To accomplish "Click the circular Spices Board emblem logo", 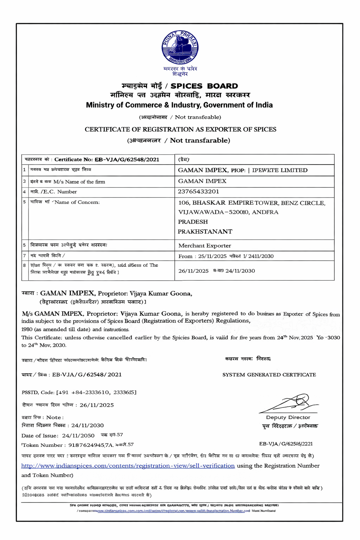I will pyautogui.click(x=180, y=47).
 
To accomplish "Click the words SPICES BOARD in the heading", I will pyautogui.click(x=204, y=86).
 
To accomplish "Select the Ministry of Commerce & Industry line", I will pyautogui.click(x=179, y=105).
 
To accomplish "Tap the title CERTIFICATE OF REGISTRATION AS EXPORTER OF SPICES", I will pyautogui.click(x=180, y=129).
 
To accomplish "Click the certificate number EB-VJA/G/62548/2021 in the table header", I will pyautogui.click(x=127, y=160).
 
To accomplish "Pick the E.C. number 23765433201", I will pyautogui.click(x=198, y=192).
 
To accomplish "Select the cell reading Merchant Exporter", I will pyautogui.click(x=205, y=246).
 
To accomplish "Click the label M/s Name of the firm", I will pyautogui.click(x=79, y=182).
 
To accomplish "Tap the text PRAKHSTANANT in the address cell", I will pyautogui.click(x=205, y=232).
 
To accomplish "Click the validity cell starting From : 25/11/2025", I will pyautogui.click(x=226, y=256).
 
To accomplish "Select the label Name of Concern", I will pyautogui.click(x=77, y=202).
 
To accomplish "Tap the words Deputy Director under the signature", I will pyautogui.click(x=288, y=418).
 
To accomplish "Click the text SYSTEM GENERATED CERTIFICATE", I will pyautogui.click(x=269, y=375).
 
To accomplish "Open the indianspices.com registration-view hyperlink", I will pyautogui.click(x=128, y=466).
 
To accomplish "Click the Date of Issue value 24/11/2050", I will pyautogui.click(x=78, y=436).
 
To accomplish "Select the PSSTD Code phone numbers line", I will pyautogui.click(x=79, y=392).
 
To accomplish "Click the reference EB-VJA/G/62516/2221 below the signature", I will pyautogui.click(x=286, y=444).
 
